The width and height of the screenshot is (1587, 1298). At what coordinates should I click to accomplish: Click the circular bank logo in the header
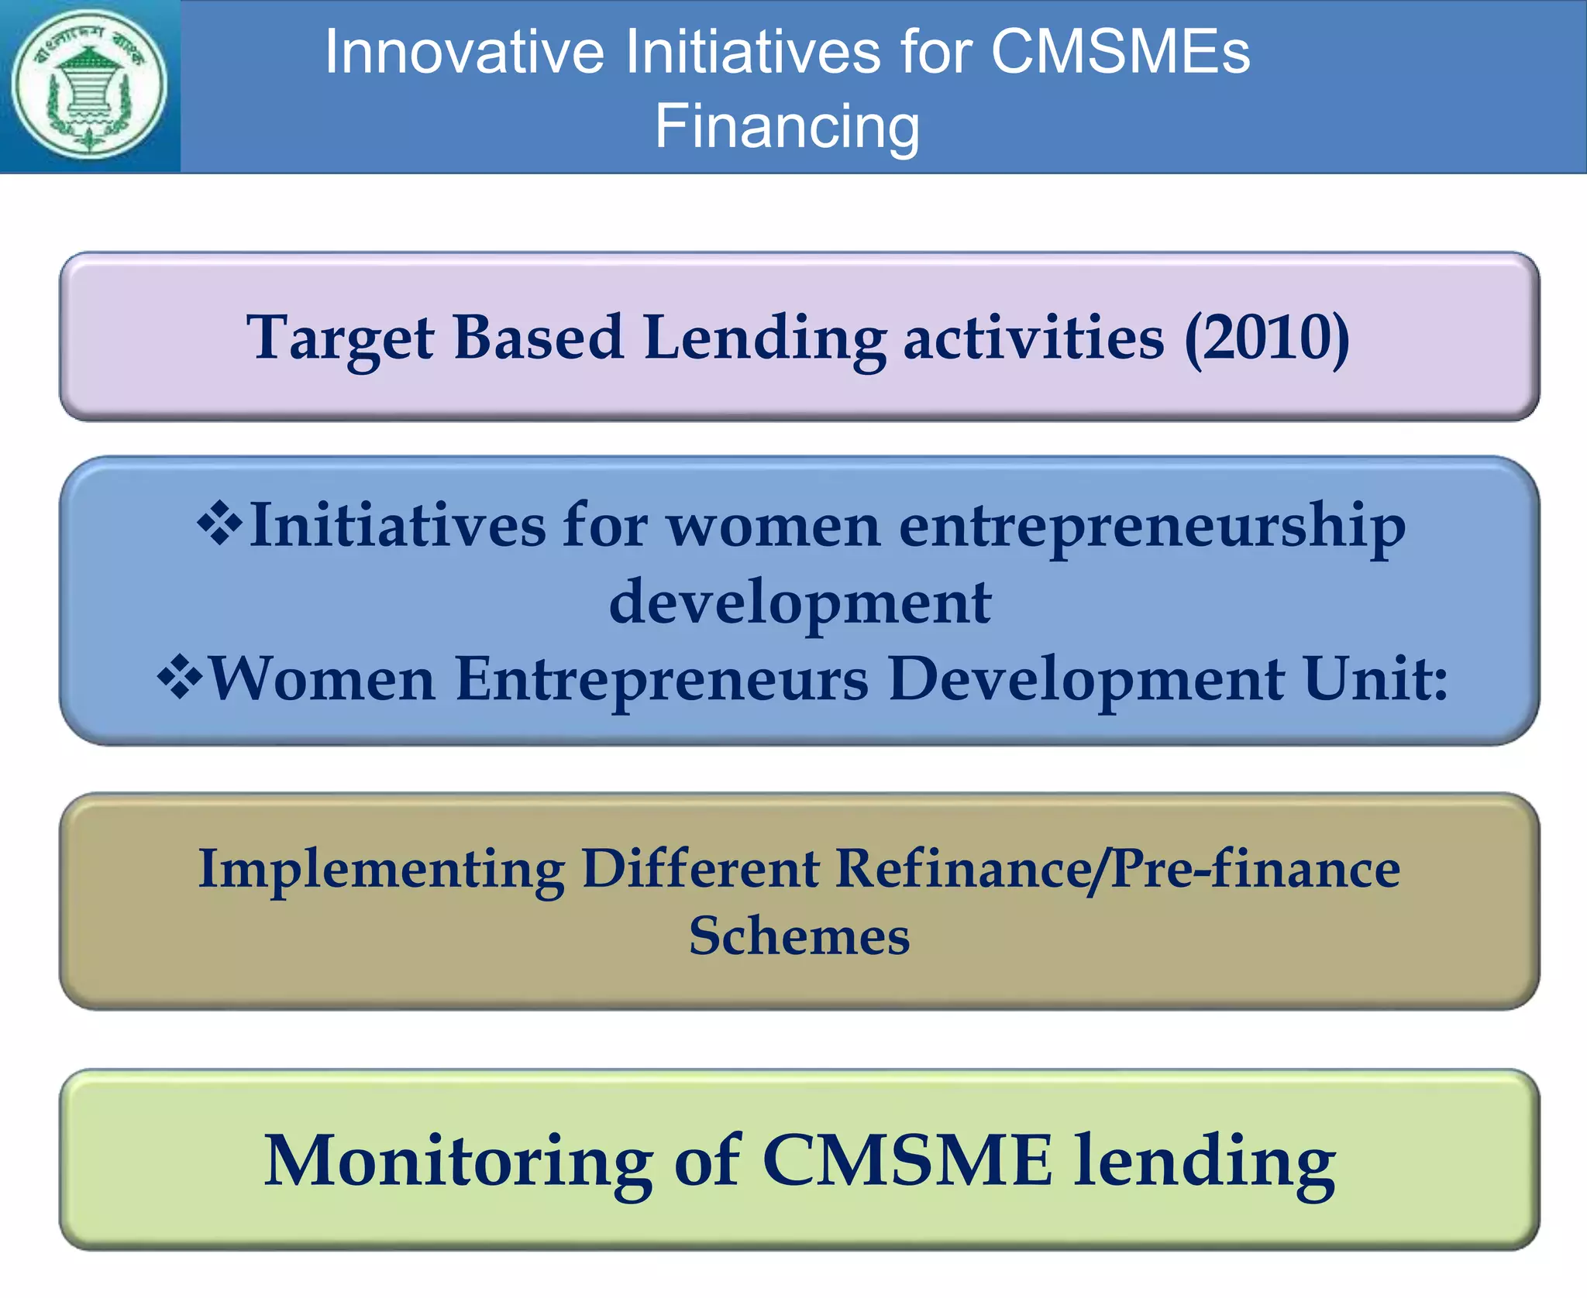(90, 85)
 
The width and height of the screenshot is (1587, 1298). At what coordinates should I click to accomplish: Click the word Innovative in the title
(464, 52)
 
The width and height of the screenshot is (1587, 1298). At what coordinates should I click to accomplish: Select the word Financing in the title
(787, 126)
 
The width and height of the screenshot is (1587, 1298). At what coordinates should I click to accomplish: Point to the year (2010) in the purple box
(1266, 338)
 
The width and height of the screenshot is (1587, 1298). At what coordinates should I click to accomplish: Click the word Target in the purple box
(340, 338)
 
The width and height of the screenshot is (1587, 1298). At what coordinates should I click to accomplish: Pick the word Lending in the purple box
(765, 338)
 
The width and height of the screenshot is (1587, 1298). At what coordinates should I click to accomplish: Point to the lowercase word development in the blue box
(800, 603)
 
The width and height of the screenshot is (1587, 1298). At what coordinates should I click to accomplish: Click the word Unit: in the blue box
(1375, 678)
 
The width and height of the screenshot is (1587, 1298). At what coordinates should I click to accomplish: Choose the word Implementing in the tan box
(381, 869)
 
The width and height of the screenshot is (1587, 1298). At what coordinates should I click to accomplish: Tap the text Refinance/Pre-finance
(1117, 869)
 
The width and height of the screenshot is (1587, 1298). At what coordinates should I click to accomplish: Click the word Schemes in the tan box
(799, 936)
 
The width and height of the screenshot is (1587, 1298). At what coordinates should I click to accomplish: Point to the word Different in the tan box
(700, 869)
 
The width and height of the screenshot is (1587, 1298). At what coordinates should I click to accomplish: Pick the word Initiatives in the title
(752, 52)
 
